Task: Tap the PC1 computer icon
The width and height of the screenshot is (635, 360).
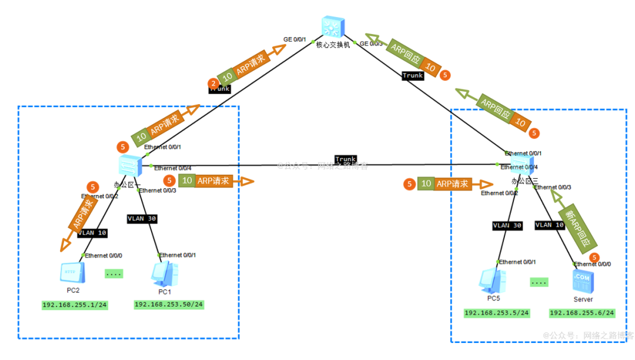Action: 165,274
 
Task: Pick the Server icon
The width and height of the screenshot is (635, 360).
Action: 583,281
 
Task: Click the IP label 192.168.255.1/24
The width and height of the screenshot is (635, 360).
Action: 73,305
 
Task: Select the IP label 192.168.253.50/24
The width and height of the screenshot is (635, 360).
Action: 169,304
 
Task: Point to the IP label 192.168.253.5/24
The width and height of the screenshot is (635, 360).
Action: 496,313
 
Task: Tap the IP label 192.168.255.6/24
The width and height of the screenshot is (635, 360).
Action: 582,313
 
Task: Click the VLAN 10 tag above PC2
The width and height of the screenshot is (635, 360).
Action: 92,233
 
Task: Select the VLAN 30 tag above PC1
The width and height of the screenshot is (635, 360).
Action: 143,218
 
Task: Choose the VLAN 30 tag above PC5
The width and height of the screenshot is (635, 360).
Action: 507,225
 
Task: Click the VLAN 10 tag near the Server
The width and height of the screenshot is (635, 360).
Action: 549,225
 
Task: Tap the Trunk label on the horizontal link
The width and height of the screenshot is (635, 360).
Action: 345,159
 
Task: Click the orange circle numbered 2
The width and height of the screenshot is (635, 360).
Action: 213,84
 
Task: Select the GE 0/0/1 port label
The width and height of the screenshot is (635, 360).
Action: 295,39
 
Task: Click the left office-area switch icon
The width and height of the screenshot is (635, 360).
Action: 129,166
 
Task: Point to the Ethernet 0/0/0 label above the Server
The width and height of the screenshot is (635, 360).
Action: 592,264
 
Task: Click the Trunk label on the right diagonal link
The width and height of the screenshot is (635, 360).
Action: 413,75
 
